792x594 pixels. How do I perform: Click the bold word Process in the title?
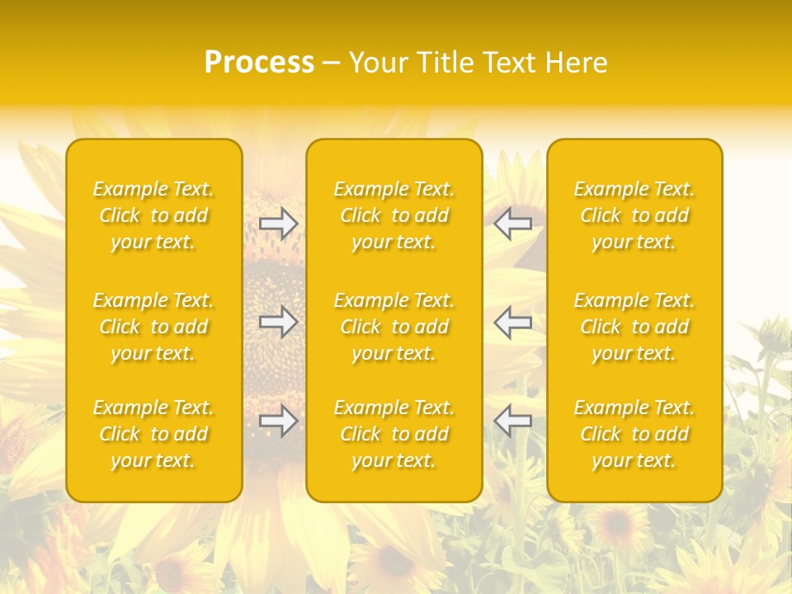(259, 63)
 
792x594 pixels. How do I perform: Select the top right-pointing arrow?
(279, 224)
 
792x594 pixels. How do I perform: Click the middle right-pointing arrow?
(279, 322)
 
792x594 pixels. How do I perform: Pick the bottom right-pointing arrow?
(279, 421)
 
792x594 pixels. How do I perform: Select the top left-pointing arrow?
(512, 224)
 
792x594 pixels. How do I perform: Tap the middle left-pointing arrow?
(512, 322)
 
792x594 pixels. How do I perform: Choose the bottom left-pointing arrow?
(512, 421)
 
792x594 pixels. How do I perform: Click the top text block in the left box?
(153, 215)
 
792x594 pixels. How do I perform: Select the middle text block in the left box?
(153, 327)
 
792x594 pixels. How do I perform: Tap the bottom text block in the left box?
(153, 434)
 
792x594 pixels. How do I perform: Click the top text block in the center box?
(394, 215)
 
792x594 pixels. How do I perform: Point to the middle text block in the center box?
(394, 327)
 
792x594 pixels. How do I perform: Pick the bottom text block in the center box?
(394, 434)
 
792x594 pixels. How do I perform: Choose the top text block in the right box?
(634, 215)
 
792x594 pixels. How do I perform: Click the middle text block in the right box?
(634, 327)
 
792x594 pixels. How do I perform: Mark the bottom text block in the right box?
(634, 434)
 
